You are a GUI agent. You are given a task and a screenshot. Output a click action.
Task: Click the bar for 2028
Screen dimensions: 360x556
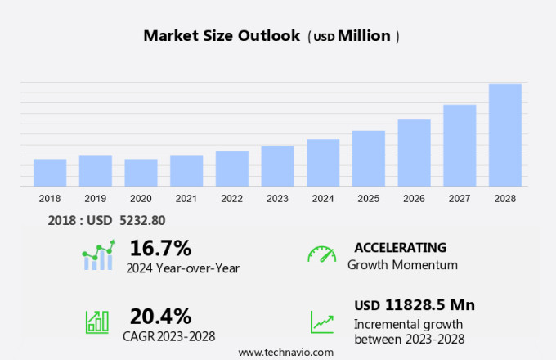click(505, 135)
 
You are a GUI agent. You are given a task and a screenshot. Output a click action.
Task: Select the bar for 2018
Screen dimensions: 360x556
click(50, 173)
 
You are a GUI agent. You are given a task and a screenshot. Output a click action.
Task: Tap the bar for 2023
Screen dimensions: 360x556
click(277, 166)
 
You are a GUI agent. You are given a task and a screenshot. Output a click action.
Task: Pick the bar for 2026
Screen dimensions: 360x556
click(414, 153)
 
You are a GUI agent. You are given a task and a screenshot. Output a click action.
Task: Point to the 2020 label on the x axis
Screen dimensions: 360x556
click(141, 199)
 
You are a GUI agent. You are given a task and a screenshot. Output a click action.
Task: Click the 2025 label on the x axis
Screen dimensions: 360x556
click(369, 199)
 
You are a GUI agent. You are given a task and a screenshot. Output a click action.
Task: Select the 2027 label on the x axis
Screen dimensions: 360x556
click(460, 199)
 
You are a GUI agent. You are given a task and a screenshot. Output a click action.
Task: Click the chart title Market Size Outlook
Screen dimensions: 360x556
click(222, 36)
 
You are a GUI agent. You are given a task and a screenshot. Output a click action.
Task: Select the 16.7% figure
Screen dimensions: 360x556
click(160, 248)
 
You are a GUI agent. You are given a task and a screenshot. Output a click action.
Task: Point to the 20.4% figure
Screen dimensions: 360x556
click(160, 316)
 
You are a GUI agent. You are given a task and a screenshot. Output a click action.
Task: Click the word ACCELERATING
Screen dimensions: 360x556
click(400, 247)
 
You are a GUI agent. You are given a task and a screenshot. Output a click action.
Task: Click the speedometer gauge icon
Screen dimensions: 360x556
click(321, 254)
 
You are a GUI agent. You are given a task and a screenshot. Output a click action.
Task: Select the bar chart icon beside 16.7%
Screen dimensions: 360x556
click(97, 255)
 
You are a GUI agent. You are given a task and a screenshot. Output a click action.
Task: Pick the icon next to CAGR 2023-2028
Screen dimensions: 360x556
click(96, 322)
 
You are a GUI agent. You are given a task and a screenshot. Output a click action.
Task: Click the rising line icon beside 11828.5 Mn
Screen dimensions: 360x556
click(321, 322)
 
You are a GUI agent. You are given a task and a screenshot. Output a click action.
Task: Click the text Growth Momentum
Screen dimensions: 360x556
click(402, 265)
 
